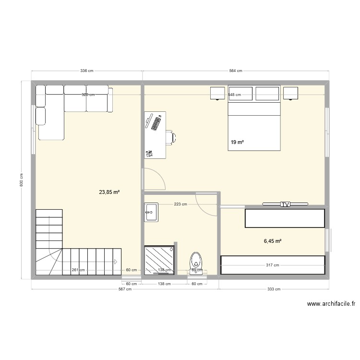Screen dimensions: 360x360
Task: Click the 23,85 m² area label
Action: (109, 192)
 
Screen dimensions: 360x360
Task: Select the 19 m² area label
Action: (237, 143)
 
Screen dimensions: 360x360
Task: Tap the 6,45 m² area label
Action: (272, 241)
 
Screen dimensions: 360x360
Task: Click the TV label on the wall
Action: (286, 204)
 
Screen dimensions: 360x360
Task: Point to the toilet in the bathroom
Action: (196, 262)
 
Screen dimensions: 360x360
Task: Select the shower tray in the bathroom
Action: (159, 260)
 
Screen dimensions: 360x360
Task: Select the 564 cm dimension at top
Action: (236, 71)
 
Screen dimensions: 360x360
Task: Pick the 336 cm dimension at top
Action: (86, 71)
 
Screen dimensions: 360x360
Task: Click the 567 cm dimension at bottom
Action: (125, 289)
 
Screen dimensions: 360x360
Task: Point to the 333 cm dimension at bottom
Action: (274, 289)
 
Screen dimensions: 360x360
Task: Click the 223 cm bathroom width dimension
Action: (180, 204)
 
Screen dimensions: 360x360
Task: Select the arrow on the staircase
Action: (116, 261)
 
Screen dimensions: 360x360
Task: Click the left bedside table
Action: (217, 93)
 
